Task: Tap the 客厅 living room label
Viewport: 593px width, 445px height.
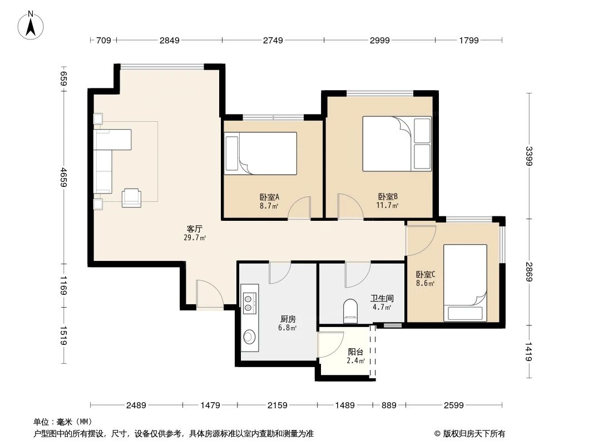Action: tap(194, 229)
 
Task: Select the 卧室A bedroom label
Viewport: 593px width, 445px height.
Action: tap(269, 197)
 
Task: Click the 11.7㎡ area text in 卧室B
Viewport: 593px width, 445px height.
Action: tap(388, 205)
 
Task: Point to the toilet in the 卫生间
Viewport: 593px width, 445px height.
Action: tap(350, 311)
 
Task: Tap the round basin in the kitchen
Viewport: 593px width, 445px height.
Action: tap(249, 337)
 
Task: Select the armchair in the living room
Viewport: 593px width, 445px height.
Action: tap(132, 196)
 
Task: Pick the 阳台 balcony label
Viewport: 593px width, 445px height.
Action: tap(355, 352)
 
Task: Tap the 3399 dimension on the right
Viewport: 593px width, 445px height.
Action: tap(529, 156)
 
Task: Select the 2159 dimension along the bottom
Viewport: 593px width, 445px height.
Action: tap(277, 406)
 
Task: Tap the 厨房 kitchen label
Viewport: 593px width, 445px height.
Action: tap(288, 319)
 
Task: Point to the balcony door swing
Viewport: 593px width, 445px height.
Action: tap(330, 344)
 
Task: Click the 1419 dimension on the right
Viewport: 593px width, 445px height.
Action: tap(529, 352)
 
